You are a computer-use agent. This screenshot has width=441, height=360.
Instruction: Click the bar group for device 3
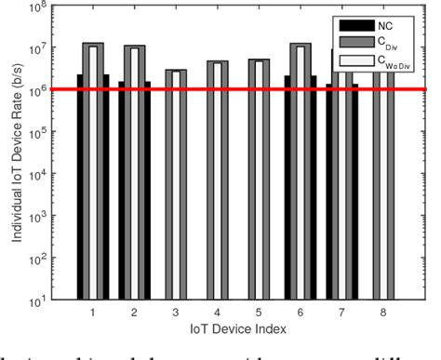click(175, 186)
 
